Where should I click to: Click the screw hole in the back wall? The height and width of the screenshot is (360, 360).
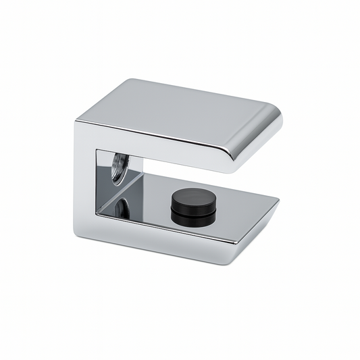(120, 168)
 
